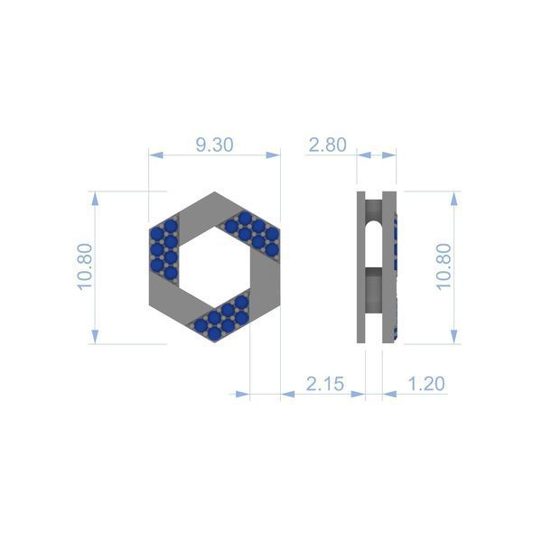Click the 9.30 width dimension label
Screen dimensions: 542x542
click(214, 145)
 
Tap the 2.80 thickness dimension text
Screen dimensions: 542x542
click(327, 145)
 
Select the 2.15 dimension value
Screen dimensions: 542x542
click(325, 384)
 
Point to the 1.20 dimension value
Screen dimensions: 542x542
click(426, 384)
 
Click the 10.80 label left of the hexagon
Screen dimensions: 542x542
click(85, 266)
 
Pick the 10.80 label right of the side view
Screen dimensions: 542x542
click(444, 266)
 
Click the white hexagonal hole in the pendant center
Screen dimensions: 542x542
click(214, 266)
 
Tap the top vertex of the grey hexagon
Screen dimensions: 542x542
click(214, 192)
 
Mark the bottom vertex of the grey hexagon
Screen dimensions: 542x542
click(214, 342)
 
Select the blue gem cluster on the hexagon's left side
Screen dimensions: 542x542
click(164, 249)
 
